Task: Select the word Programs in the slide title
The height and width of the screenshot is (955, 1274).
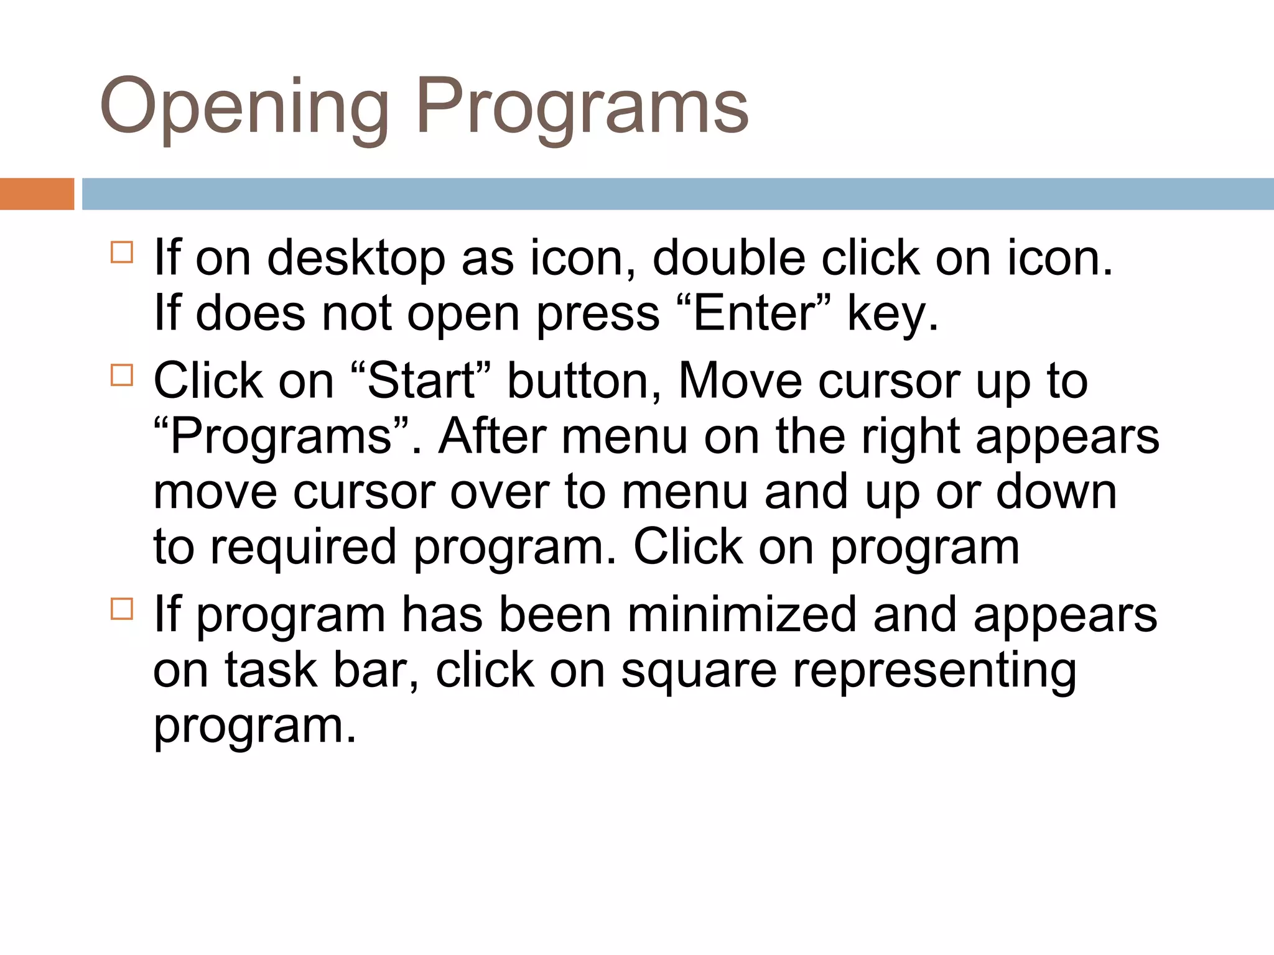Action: [x=583, y=107]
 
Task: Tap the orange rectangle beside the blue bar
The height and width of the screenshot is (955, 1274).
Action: [x=37, y=194]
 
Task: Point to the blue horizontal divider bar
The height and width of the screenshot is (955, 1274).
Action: [x=677, y=194]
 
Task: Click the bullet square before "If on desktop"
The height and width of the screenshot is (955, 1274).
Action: [x=122, y=252]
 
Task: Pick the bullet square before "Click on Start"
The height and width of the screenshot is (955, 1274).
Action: [x=122, y=376]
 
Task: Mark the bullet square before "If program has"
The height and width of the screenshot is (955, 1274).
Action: [x=122, y=609]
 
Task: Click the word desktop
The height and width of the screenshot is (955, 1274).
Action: [x=356, y=258]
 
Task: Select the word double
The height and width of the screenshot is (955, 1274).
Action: [x=728, y=258]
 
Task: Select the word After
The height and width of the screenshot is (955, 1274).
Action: [x=492, y=436]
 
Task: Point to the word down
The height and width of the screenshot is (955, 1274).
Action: [x=1056, y=492]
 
